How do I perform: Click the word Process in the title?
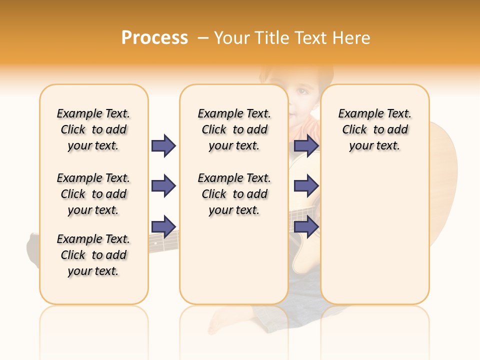(154, 38)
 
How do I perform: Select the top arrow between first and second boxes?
(163, 145)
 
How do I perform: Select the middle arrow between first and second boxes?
(163, 186)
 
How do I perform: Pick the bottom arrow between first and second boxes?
(163, 226)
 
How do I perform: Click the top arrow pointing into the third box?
(306, 145)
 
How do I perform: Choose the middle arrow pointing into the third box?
(306, 186)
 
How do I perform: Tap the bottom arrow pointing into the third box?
(306, 226)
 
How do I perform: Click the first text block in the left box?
(93, 129)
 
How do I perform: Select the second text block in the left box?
(93, 194)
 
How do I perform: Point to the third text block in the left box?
(93, 255)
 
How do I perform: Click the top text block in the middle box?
(234, 129)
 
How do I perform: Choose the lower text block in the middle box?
(234, 194)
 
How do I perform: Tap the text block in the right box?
(374, 129)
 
